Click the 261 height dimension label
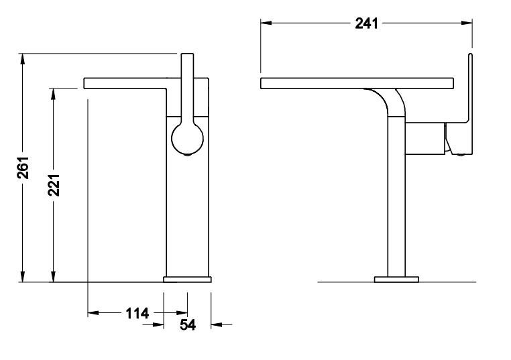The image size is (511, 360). click(x=23, y=168)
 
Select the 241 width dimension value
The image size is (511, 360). click(x=366, y=23)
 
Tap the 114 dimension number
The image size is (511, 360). click(x=137, y=313)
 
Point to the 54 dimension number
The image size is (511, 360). click(x=187, y=325)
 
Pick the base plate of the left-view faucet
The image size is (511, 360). click(x=188, y=278)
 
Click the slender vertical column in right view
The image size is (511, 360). click(x=396, y=201)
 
